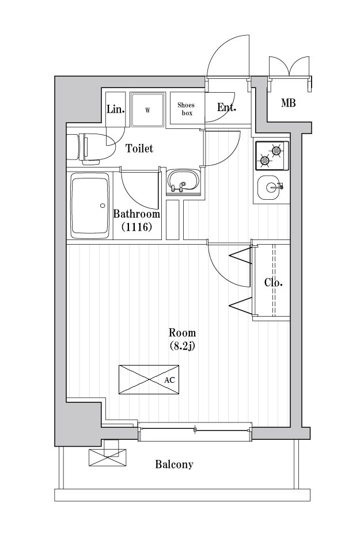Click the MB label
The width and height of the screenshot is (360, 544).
[x=289, y=104]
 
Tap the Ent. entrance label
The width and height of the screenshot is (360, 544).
[x=226, y=107]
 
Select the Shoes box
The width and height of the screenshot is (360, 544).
[x=186, y=109]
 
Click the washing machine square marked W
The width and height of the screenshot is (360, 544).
[x=147, y=109]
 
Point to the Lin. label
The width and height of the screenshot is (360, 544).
[x=115, y=109]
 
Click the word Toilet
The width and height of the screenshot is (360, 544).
[x=139, y=149]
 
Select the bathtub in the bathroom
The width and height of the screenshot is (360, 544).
[x=90, y=206]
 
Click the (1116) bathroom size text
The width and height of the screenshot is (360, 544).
[x=137, y=227]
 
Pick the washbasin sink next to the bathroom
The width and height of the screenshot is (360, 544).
[x=183, y=182]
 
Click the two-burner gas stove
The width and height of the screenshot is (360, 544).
[x=271, y=155]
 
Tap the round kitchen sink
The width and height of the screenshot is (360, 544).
[x=269, y=186]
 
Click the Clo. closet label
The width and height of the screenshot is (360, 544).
[x=273, y=283]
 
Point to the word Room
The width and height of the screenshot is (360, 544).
[x=182, y=333]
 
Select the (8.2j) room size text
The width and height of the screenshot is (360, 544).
[x=182, y=346]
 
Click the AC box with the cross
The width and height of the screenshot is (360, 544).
[x=149, y=380]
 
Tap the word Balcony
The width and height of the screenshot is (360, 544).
[x=174, y=465]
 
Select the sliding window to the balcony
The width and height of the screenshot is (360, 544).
[x=195, y=429]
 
